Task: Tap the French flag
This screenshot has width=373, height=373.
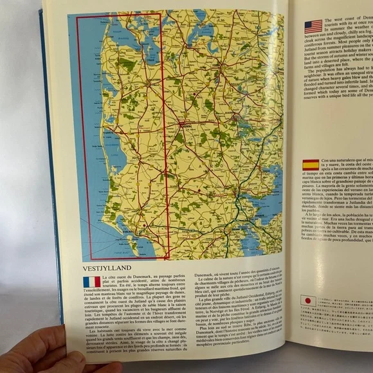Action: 91,282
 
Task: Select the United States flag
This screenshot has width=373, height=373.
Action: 313,26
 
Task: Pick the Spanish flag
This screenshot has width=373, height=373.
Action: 311,164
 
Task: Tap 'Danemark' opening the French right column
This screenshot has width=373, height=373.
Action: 206,275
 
